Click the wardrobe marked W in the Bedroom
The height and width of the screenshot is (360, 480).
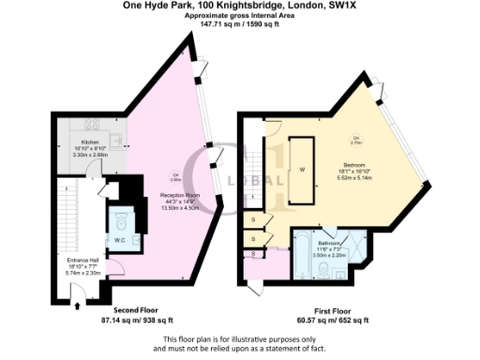(301, 169)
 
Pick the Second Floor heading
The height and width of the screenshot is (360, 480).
(140, 310)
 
